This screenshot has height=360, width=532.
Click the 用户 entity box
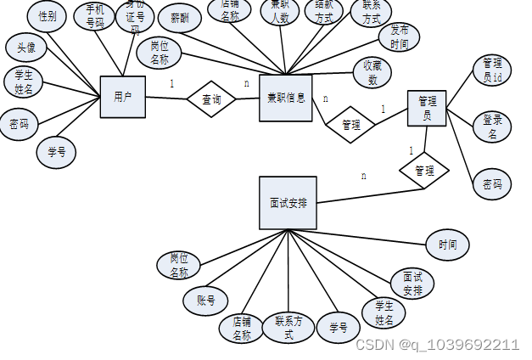tap(122, 97)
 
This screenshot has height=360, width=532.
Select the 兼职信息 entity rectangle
tap(286, 98)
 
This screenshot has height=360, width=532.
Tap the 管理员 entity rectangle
tap(427, 108)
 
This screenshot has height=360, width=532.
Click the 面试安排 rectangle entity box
tap(288, 203)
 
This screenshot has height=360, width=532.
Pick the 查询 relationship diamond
tap(211, 99)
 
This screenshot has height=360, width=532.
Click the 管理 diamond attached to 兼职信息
tap(350, 124)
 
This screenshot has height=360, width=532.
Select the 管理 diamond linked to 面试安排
tap(424, 171)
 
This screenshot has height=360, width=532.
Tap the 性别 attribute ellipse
tap(48, 15)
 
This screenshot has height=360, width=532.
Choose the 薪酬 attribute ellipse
tap(179, 17)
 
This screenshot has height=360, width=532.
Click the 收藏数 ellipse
tap(372, 73)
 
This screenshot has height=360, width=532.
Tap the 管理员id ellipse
tap(492, 70)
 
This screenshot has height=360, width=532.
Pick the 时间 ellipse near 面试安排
tap(447, 245)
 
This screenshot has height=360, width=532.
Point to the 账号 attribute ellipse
tap(205, 300)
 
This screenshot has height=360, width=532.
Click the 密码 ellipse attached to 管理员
tap(492, 183)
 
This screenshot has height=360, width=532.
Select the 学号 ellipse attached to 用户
tap(56, 153)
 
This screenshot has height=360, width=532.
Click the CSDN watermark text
tap(436, 345)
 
